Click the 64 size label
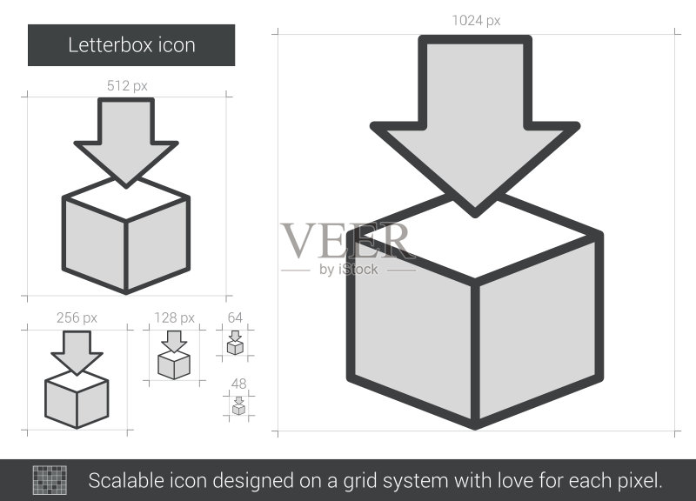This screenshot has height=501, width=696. [x=235, y=317]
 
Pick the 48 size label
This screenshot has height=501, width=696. [x=238, y=384]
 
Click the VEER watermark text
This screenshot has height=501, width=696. [x=345, y=241]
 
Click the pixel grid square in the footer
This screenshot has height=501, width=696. [x=50, y=480]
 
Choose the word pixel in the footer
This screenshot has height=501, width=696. [x=639, y=481]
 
